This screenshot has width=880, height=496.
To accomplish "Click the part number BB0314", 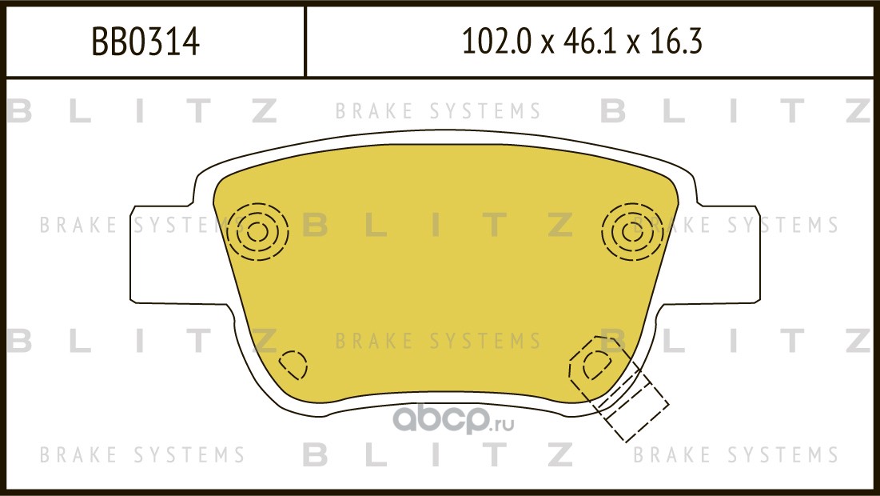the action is tap(145, 42).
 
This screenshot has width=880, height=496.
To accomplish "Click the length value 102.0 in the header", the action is tap(496, 42).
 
